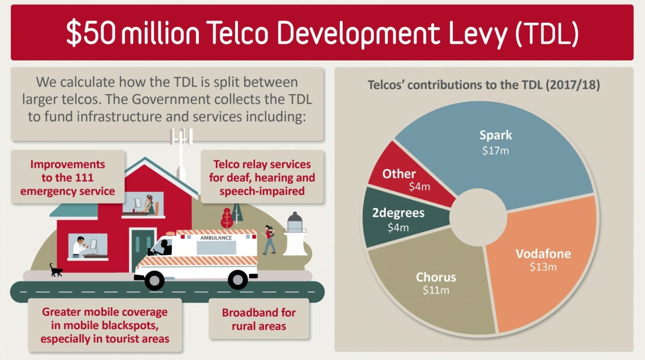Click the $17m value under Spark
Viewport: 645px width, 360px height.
[495, 151]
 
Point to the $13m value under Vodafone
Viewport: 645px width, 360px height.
[543, 267]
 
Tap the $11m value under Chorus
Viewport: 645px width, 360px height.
[436, 290]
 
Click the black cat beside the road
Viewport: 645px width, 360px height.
[56, 270]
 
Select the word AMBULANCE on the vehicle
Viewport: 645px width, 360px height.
[216, 237]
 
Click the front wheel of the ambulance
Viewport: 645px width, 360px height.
[154, 280]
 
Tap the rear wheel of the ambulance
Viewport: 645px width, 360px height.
[238, 280]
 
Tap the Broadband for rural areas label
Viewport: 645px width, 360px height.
[258, 319]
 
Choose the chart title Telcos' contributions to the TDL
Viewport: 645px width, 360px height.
[484, 85]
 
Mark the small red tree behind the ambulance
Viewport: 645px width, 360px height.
[227, 218]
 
